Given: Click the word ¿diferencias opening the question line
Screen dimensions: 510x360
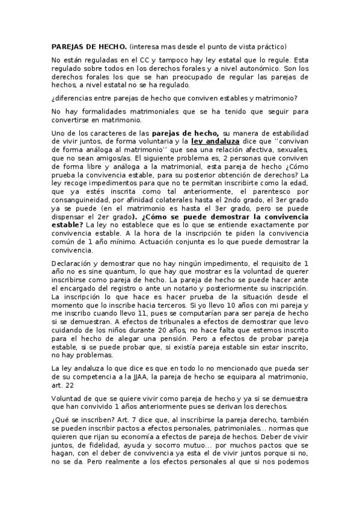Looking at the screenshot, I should [x=73, y=98].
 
